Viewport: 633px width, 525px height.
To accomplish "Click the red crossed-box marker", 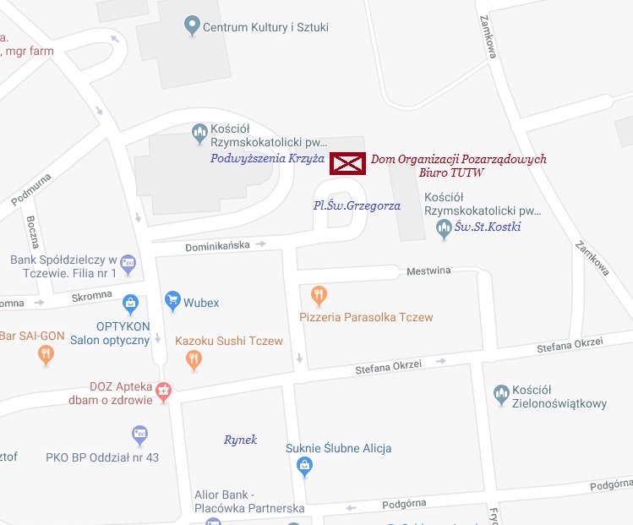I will (x=347, y=163).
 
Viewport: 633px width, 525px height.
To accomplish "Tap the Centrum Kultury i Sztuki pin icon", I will (x=192, y=26).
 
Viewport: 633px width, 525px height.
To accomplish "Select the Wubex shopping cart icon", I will (x=172, y=301).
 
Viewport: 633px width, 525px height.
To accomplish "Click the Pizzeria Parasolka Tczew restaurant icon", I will (x=319, y=296).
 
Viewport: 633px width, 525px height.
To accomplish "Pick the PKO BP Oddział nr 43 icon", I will (x=140, y=436).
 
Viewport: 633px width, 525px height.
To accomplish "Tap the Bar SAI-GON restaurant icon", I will (x=46, y=356).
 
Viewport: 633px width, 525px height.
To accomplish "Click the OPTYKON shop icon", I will (x=130, y=302).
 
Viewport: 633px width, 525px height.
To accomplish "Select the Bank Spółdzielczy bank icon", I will (x=128, y=264).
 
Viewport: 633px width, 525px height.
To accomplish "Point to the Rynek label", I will (x=240, y=440).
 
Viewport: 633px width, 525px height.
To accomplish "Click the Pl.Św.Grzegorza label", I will (x=357, y=205).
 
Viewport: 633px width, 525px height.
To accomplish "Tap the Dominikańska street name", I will (x=218, y=245).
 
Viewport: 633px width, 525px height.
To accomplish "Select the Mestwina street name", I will (x=428, y=271).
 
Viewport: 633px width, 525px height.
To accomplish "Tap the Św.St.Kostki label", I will (x=488, y=227).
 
